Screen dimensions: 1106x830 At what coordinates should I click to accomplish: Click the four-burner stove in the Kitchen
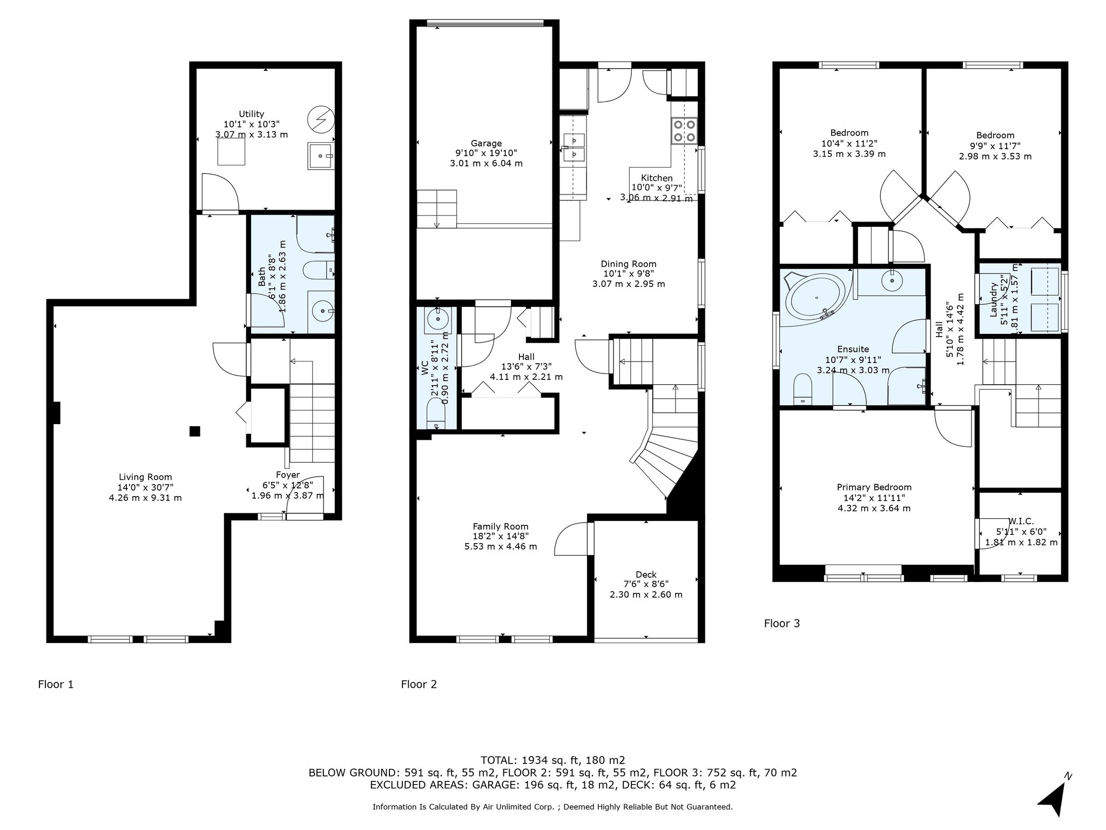(x=684, y=131)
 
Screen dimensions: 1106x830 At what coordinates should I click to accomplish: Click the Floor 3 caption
(x=781, y=624)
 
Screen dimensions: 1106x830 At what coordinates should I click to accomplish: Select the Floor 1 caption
(x=56, y=685)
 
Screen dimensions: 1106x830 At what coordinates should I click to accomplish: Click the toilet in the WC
(x=435, y=417)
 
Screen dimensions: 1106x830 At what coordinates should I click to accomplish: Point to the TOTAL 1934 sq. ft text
(x=552, y=760)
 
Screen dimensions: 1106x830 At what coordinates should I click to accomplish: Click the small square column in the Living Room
(x=195, y=431)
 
